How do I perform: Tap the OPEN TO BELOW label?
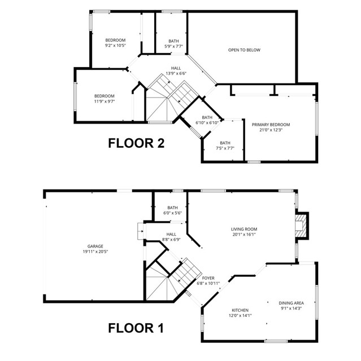244,50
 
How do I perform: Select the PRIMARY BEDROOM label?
271,125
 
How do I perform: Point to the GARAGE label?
95,246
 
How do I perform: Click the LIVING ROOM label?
243,229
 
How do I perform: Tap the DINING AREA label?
291,303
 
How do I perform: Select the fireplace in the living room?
302,225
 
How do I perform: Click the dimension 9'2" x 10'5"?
115,46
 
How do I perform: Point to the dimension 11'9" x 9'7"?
104,102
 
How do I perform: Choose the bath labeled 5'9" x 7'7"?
173,46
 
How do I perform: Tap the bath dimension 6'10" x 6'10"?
207,122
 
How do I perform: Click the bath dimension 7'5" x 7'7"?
225,149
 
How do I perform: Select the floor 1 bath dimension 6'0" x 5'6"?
172,213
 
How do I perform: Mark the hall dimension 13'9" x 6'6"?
176,73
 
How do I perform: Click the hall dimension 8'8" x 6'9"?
171,239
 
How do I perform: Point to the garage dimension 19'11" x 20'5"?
95,252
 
